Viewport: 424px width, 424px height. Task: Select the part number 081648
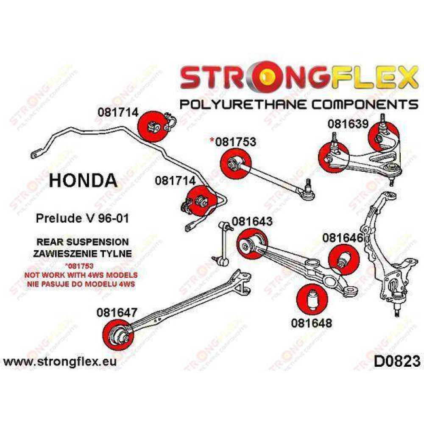point(311,323)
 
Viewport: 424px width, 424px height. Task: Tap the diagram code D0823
point(396,362)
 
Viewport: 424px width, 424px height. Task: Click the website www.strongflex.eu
point(59,362)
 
